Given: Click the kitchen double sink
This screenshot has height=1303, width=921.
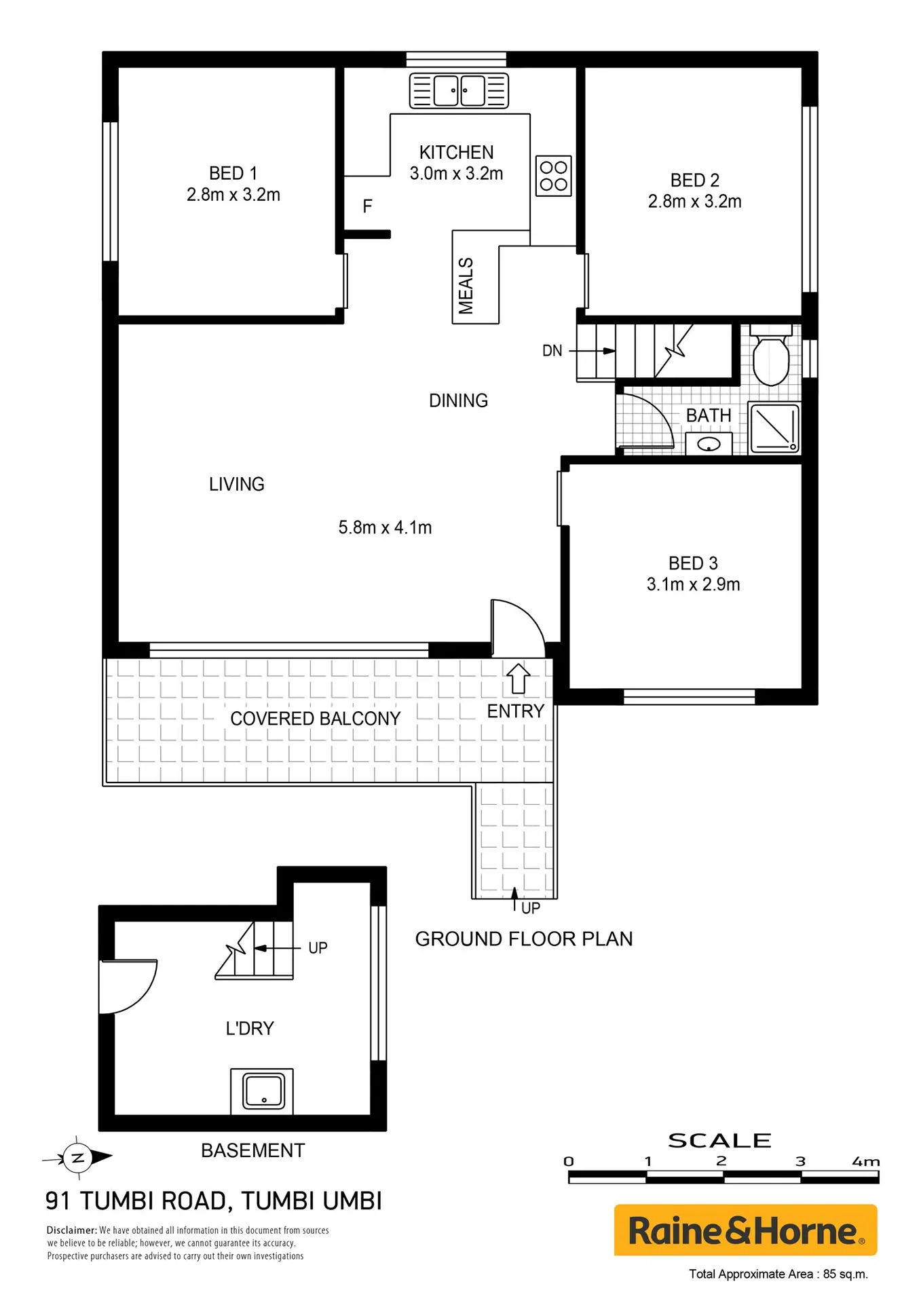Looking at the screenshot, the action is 459,91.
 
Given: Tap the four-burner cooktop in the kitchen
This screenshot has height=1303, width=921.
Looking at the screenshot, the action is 553,176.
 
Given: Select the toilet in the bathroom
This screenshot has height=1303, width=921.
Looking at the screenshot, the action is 771,356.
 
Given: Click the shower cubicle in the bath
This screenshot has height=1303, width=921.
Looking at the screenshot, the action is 774,428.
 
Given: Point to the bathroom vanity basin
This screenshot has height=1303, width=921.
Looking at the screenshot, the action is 709,445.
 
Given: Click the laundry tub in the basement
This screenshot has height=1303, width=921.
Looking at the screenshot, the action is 263,1091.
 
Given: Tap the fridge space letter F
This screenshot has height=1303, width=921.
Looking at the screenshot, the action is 367,206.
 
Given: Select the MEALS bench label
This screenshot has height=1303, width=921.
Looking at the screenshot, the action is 466,286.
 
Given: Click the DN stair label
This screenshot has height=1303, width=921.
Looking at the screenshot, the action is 552,351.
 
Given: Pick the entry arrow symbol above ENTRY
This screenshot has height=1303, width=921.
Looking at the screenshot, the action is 519,678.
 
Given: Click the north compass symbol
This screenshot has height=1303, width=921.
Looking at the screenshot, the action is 77,1158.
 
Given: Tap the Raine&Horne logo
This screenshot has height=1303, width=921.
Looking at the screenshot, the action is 745,1230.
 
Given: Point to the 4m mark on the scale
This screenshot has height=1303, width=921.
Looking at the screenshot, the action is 866,1162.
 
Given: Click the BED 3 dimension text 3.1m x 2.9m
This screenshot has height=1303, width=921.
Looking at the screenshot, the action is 693,584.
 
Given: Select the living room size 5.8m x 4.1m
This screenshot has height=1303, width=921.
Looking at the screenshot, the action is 385,527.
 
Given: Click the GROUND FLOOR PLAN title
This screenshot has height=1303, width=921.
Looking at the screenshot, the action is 524,939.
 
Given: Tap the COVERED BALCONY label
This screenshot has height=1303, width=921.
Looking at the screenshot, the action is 316,719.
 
